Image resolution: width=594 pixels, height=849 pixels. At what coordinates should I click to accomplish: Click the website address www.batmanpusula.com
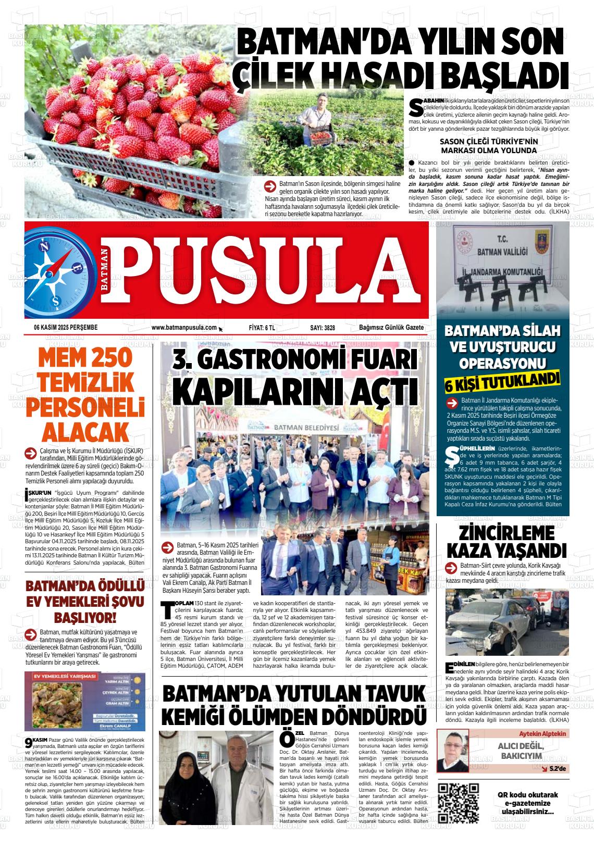(x=184, y=327)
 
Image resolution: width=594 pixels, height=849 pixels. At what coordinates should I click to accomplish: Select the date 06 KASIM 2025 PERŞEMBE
(x=66, y=327)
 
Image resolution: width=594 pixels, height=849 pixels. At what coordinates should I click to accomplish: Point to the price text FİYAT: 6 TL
(x=262, y=327)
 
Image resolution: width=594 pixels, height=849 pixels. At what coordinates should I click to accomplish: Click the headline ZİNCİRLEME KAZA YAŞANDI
(x=506, y=541)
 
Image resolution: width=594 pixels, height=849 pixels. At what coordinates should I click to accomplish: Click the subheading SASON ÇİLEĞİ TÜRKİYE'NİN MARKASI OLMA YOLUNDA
(x=488, y=146)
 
